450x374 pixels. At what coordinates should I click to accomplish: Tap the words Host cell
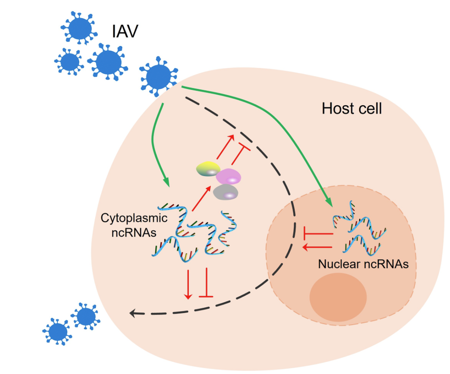pos(352,109)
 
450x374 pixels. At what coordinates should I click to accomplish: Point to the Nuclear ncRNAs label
pos(363,264)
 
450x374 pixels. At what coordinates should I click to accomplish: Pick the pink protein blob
pos(228,177)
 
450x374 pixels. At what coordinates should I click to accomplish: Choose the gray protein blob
pos(225,192)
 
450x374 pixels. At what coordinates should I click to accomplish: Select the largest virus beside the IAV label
pos(108,61)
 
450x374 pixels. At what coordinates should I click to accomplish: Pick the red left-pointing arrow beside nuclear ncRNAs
pos(317,247)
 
